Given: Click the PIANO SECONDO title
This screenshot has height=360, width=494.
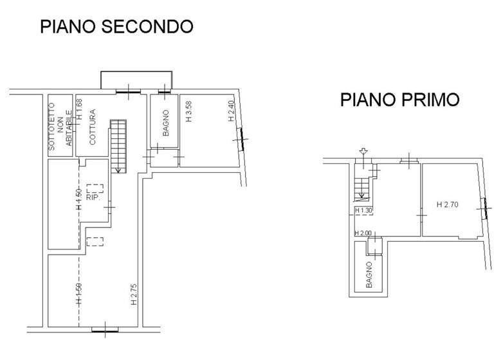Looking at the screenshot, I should pos(116,26).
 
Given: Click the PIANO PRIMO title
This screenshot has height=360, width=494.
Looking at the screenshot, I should pos(399,100).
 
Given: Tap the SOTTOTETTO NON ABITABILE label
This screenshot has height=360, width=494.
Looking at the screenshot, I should pos(60,127).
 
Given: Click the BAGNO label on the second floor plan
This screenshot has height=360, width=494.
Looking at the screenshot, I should pos(165,125).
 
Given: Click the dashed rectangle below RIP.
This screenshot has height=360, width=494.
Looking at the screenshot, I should pos(95,242).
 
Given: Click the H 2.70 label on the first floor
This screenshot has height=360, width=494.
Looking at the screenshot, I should pos(447,205).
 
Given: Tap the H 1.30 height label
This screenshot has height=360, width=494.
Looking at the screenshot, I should pos(364,210).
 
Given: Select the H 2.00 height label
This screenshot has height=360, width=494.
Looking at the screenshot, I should pos(363,233).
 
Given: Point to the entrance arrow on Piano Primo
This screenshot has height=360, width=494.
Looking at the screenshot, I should pos(363,152).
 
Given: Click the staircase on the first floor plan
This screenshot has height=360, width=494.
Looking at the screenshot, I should pos(362,184).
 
